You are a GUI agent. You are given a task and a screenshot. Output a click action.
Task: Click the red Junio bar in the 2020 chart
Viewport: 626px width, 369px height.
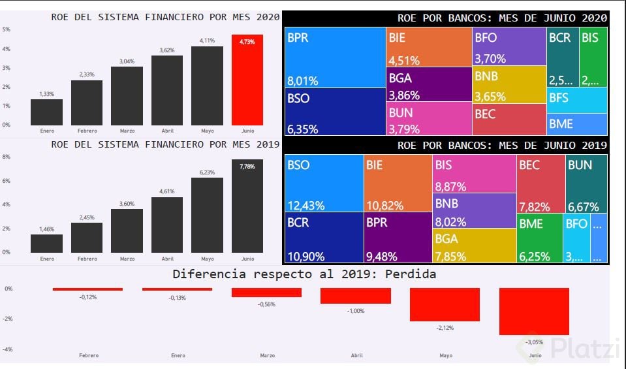click(x=247, y=80)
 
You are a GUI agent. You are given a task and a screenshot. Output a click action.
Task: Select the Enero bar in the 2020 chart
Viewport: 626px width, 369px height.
click(x=46, y=112)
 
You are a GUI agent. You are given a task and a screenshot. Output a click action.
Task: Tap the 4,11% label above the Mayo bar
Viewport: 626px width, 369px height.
click(x=207, y=40)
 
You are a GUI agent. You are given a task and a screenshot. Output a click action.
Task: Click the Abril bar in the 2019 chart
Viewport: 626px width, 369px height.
click(x=167, y=225)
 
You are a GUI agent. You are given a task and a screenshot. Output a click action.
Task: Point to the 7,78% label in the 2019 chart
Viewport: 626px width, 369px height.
click(x=247, y=167)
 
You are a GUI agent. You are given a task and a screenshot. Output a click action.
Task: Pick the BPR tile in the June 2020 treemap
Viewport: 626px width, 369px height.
click(x=336, y=57)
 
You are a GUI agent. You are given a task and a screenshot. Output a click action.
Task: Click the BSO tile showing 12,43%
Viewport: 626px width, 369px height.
click(x=324, y=184)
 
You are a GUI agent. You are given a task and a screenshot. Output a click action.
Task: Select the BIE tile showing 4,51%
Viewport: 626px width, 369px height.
click(x=429, y=47)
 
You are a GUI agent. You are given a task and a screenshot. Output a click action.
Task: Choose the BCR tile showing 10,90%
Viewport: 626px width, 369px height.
click(x=324, y=237)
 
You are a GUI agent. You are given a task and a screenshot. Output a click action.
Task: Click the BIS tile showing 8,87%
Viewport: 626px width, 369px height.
click(x=474, y=174)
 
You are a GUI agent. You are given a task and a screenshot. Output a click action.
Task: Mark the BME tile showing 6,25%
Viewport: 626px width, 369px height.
click(x=539, y=238)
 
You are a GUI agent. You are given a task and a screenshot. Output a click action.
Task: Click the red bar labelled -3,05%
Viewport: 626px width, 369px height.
click(x=534, y=312)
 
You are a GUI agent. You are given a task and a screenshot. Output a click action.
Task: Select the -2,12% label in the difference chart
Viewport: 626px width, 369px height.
click(x=445, y=327)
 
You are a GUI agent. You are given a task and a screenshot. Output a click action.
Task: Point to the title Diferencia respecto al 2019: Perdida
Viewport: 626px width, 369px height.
click(x=304, y=274)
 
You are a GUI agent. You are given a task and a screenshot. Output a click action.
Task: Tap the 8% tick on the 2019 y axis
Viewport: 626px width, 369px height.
click(x=7, y=157)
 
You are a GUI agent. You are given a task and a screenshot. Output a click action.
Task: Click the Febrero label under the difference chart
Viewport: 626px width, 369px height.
click(x=89, y=355)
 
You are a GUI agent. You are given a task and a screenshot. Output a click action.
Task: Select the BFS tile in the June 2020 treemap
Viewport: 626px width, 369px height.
click(x=577, y=99)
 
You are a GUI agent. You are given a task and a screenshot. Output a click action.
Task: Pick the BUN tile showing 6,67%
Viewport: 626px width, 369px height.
click(x=586, y=184)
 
